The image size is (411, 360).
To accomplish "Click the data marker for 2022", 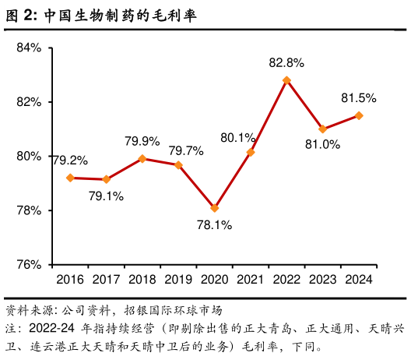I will point(286,80).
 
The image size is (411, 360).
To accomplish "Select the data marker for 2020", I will point(215,208).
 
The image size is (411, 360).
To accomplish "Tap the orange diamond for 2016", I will point(70,178).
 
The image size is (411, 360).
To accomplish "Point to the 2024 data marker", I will point(359,115).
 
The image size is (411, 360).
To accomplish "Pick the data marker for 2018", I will point(142,158).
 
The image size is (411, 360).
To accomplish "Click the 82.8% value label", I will point(286,62).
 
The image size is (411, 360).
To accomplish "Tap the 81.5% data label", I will point(359,98).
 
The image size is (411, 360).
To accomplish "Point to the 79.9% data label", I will point(142,141).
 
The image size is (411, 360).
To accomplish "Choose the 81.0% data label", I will point(322,144).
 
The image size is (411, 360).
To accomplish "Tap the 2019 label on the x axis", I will point(178,279).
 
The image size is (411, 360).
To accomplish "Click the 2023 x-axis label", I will point(322,279).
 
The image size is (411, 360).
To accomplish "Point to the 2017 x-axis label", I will point(107,279).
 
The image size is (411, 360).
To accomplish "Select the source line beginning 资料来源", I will point(114,308).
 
